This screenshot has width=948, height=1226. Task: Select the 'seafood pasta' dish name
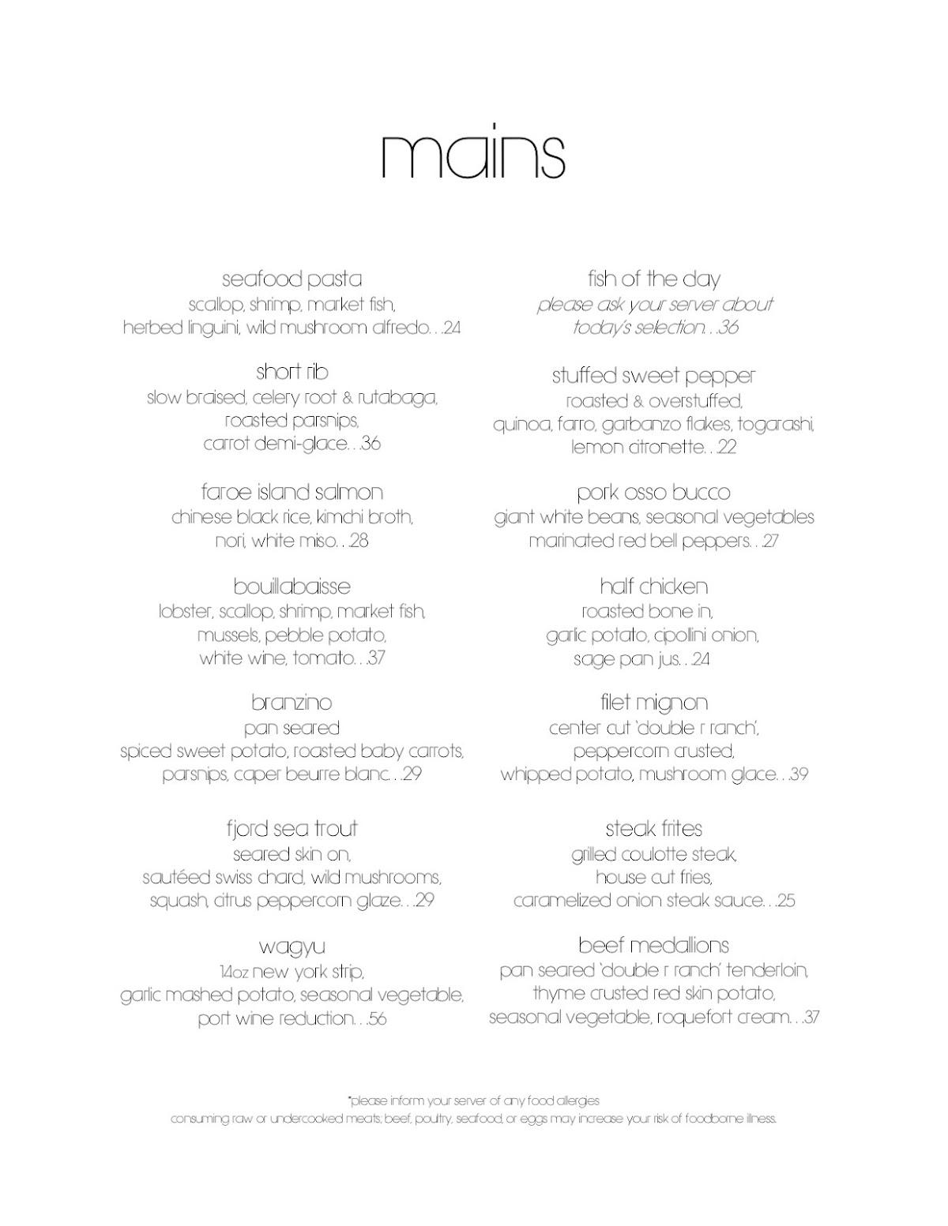click(x=292, y=279)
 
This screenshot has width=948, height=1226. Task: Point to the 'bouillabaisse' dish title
click(x=292, y=587)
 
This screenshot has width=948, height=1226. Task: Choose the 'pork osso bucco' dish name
click(x=653, y=493)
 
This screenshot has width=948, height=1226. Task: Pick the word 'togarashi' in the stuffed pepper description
click(x=779, y=425)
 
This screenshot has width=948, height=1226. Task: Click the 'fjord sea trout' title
click(x=292, y=829)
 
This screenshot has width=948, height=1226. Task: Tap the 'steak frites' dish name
click(x=653, y=829)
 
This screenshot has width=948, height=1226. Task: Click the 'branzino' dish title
click(x=292, y=703)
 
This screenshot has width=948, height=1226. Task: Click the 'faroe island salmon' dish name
click(x=292, y=493)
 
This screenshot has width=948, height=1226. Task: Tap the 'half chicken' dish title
click(x=653, y=587)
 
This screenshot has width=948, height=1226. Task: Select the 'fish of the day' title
click(x=653, y=279)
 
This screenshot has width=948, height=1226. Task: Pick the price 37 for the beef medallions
click(x=810, y=1018)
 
